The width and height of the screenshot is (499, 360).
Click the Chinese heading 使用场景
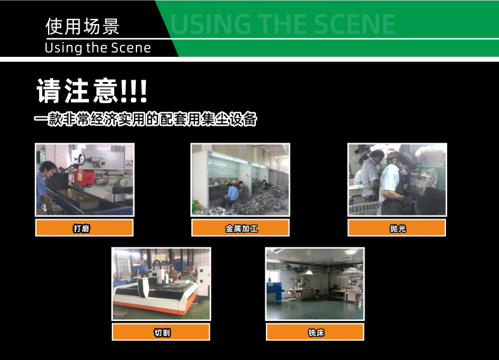tap(83, 27)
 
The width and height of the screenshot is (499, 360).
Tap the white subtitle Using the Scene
tap(98, 48)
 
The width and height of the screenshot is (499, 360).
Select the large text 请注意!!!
tap(92, 91)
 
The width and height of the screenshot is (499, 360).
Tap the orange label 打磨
tap(84, 228)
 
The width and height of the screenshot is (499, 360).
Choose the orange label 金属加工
tap(241, 228)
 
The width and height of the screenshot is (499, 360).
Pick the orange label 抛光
tap(397, 228)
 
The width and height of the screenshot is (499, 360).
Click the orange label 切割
tap(161, 332)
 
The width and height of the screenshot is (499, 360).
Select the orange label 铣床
tap(315, 332)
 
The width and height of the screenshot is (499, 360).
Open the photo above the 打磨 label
tap(84, 180)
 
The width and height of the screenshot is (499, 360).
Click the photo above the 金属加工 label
tap(241, 180)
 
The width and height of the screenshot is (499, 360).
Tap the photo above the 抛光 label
tap(397, 180)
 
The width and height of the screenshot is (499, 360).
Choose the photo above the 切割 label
tap(161, 284)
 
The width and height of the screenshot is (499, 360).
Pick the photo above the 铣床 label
tap(315, 284)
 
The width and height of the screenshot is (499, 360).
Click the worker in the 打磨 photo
tap(45, 183)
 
